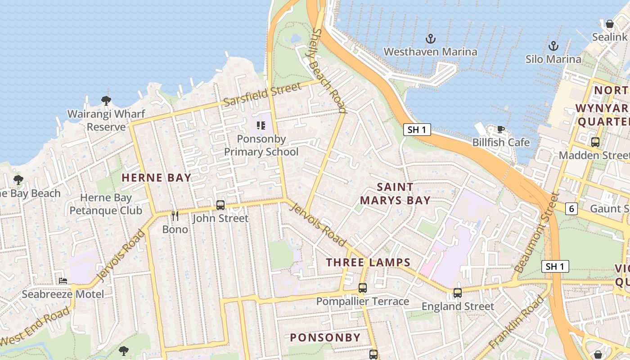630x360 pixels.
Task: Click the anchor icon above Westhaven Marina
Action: click(431, 39)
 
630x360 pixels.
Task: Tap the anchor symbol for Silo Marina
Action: click(553, 46)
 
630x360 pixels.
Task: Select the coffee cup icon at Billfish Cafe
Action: click(500, 130)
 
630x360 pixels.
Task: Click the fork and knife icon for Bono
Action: click(175, 216)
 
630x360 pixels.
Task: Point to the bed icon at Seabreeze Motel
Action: click(63, 281)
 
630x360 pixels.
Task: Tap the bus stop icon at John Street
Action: click(220, 205)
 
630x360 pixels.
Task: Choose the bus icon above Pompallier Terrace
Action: click(362, 288)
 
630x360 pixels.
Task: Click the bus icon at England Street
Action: click(458, 293)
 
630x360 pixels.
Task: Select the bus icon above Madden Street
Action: click(595, 142)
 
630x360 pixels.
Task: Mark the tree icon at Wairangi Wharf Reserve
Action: click(106, 100)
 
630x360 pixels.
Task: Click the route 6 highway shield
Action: click(571, 209)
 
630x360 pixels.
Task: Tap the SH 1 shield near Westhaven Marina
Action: click(417, 130)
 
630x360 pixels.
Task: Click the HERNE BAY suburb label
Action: click(157, 178)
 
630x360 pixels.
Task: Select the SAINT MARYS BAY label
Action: click(395, 193)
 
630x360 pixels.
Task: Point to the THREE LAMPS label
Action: click(368, 262)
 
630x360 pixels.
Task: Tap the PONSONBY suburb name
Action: click(325, 337)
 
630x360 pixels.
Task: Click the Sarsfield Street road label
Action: click(262, 94)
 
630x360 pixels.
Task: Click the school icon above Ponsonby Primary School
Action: click(261, 125)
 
